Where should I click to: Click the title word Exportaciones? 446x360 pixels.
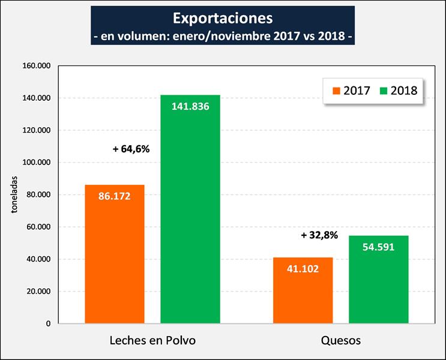point(223,17)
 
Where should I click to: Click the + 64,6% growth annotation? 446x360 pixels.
point(131,149)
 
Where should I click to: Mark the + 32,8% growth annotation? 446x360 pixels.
point(319,235)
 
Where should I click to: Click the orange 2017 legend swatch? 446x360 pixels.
point(336,91)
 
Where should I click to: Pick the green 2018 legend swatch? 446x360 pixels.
point(382,91)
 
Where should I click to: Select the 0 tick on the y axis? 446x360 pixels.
point(48,324)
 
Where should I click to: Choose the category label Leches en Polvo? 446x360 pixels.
point(152,340)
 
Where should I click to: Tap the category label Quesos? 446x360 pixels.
point(340,340)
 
